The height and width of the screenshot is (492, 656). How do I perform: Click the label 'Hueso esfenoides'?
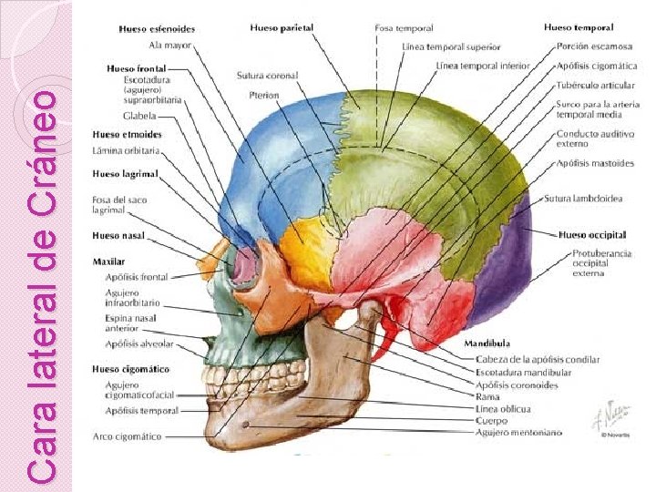click(x=156, y=28)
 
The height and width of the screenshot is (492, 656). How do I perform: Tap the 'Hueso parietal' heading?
click(x=282, y=27)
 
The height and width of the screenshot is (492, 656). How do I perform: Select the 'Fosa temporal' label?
click(x=404, y=28)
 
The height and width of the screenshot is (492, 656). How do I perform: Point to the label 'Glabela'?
click(x=139, y=116)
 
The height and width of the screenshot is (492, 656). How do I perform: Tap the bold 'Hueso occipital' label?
click(x=593, y=234)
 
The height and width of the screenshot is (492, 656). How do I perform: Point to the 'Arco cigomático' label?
click(x=127, y=436)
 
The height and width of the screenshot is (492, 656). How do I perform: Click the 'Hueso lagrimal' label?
click(x=125, y=173)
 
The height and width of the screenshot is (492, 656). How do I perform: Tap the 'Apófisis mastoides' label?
click(x=596, y=164)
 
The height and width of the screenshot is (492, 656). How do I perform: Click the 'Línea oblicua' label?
click(x=503, y=409)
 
